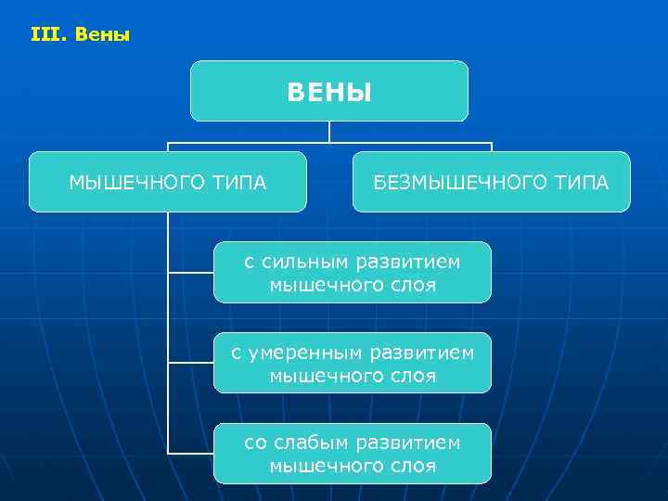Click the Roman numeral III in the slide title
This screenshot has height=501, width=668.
click(x=43, y=36)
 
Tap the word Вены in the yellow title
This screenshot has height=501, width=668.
click(x=102, y=36)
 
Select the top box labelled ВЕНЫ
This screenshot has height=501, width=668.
click(x=329, y=92)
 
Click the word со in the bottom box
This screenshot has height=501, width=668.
click(x=255, y=443)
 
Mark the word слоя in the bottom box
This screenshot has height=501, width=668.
click(x=414, y=466)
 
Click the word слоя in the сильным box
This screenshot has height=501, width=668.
click(x=414, y=285)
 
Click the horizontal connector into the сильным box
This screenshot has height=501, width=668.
click(x=190, y=273)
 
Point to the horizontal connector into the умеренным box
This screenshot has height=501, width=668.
click(x=190, y=363)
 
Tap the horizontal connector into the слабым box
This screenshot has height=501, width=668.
click(x=190, y=453)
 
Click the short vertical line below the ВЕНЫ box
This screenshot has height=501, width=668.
click(x=329, y=132)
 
